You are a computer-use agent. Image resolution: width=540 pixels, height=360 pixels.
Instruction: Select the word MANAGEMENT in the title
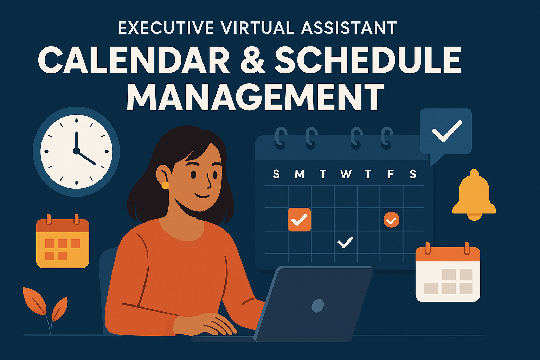(255, 97)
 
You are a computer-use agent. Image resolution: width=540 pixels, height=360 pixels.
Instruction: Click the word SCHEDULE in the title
(368, 59)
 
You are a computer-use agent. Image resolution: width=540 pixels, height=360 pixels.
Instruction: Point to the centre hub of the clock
(76, 151)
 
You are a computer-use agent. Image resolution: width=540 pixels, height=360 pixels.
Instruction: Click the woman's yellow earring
(165, 185)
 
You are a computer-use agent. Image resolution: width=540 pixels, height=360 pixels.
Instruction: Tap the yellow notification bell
(474, 195)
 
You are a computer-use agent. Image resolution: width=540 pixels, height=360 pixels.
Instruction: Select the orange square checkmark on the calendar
(299, 220)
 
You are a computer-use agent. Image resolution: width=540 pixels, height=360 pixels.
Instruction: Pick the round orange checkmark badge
(391, 220)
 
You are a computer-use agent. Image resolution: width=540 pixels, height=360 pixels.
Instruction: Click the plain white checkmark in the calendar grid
(345, 242)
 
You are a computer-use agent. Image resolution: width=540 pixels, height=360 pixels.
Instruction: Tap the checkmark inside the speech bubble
(447, 131)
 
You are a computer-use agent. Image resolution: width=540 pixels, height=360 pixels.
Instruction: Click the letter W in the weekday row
(346, 174)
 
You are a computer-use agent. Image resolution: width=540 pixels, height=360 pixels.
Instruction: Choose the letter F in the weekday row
(391, 174)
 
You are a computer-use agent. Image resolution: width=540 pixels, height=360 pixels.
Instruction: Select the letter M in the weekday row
(300, 174)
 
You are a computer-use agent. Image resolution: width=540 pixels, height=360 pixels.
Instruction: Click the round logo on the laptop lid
(318, 306)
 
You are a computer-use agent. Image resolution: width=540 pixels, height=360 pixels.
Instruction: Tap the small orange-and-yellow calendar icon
(63, 241)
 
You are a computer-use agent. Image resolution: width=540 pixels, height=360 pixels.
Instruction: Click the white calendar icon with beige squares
(448, 272)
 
